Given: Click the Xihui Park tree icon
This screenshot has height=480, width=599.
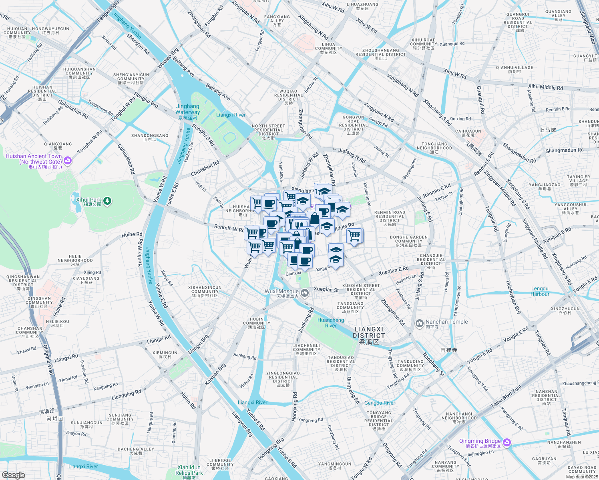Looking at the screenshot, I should (x=107, y=201).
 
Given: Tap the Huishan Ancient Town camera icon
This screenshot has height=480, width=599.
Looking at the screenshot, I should (x=68, y=160).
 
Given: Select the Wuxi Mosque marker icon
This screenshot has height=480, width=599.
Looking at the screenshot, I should (x=305, y=294).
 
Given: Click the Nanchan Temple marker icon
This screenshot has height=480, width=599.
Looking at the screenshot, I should (x=419, y=323).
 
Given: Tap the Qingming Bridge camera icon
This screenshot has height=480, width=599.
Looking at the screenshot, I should (x=507, y=442).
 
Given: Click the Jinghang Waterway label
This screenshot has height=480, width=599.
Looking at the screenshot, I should (x=187, y=109).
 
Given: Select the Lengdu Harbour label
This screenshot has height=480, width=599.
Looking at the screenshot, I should (x=540, y=291).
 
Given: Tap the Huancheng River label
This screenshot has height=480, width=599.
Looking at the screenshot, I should (x=330, y=323).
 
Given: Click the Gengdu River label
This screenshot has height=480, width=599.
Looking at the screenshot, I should (x=380, y=403).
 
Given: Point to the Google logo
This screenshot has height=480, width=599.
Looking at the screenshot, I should (x=13, y=475).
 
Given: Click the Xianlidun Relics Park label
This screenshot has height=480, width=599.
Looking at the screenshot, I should (x=189, y=470).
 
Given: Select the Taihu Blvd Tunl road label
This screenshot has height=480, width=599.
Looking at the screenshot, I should (x=506, y=396).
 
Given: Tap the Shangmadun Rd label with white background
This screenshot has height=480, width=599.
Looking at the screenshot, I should (x=564, y=150).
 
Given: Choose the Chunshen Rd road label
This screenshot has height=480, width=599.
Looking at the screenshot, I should (x=205, y=168).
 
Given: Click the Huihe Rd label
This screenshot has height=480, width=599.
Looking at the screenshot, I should (x=132, y=235).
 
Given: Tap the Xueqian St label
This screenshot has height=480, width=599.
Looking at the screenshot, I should (x=326, y=289).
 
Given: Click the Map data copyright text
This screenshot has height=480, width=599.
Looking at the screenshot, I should (x=582, y=477).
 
